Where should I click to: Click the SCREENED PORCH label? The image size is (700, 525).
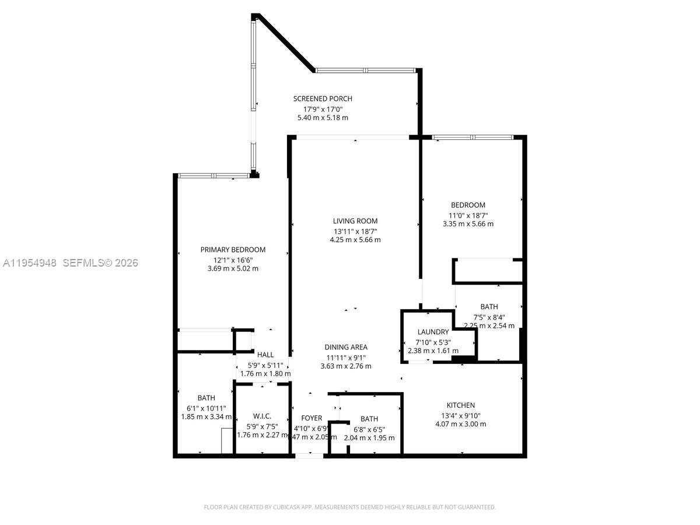point(323,99)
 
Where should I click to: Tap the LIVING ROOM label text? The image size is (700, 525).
point(355,221)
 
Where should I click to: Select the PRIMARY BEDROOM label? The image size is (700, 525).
point(233,250)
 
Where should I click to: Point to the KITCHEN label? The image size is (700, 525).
point(461,405)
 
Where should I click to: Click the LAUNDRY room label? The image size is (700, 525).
point(433,332)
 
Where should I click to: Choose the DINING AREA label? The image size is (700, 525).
point(346,347)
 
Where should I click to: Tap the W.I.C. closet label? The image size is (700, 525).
point(262,416)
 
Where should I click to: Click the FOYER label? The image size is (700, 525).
point(311,418)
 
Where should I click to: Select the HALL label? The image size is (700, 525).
point(265,355)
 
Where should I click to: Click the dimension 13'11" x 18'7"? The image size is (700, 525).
point(355,230)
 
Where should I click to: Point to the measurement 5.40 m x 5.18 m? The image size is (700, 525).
point(323,117)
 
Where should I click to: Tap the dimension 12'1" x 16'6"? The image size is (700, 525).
point(233,260)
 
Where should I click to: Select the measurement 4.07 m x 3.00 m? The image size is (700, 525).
point(461,424)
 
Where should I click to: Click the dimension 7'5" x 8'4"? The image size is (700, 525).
point(489,317)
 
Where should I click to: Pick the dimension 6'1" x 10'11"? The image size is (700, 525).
point(206,408)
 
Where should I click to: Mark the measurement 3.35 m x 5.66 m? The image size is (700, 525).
point(468,223)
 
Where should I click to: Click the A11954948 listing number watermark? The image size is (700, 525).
point(30,263)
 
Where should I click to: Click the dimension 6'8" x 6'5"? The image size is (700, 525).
point(369,429)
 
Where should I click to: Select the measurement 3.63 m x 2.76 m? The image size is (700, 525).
point(346,366)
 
